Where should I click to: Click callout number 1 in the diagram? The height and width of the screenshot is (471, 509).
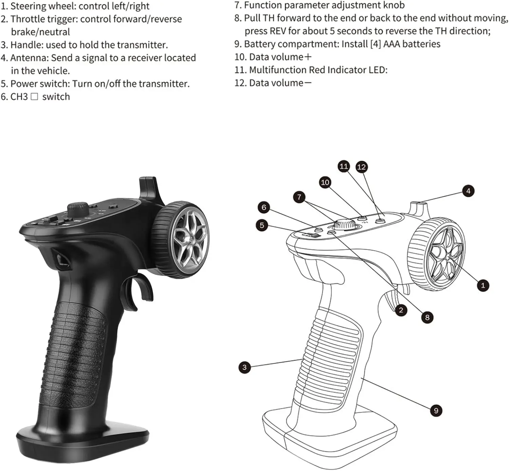(483, 285)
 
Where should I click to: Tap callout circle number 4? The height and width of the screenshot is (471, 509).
(468, 191)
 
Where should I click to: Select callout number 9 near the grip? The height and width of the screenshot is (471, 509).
(436, 411)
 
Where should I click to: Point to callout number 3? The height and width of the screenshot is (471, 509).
(244, 367)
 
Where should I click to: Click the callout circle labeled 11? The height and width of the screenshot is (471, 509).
(344, 166)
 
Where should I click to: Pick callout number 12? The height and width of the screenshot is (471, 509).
(361, 167)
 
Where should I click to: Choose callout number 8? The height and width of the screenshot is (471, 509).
(427, 318)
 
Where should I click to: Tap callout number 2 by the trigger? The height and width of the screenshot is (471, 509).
(401, 310)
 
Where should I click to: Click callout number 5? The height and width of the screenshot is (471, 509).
(262, 225)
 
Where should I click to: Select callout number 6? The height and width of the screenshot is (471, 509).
(264, 207)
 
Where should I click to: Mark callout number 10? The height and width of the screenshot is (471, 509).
(325, 182)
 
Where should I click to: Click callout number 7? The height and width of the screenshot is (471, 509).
(299, 197)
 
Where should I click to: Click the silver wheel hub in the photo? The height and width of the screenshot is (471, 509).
(189, 240)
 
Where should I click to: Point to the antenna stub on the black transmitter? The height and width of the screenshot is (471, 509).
(148, 186)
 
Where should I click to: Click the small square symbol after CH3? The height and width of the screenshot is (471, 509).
(34, 97)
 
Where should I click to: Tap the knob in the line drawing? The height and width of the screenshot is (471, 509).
(345, 224)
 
